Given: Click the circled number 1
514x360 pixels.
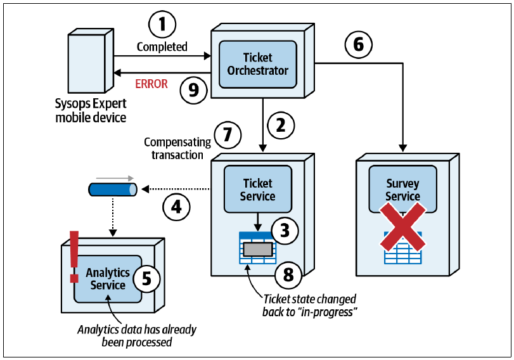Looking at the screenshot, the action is pos(162,25).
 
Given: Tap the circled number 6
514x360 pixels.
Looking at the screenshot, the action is pos(359,44).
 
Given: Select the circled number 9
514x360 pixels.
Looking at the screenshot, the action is pos(194,90).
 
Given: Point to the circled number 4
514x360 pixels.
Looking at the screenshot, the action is pos(177,207).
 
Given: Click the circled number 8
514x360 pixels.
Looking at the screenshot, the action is pos(147,279).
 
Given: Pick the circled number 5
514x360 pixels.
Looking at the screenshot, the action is pos(147,279).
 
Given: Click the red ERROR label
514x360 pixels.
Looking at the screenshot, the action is pos(151,84).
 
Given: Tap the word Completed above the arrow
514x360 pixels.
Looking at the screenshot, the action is pos(162,47).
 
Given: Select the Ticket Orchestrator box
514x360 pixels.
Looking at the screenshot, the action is pos(258,64).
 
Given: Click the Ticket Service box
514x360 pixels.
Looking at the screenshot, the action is pos(258,189).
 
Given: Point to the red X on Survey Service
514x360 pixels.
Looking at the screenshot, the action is pos(403,227).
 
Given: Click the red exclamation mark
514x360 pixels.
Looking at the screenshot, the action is pos(74,257).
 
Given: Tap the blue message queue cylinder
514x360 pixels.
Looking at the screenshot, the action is pos(113,190).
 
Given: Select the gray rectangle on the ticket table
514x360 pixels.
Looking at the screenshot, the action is pos(258,250).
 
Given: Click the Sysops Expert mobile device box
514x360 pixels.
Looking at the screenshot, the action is pos(91,61).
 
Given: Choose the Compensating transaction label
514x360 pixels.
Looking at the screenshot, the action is pos(177,148).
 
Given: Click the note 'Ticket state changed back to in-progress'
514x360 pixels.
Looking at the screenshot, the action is pos(309,305).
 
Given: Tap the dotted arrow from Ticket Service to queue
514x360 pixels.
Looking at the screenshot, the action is pos(176,189).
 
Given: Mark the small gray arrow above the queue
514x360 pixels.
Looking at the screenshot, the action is pos(115,178).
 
